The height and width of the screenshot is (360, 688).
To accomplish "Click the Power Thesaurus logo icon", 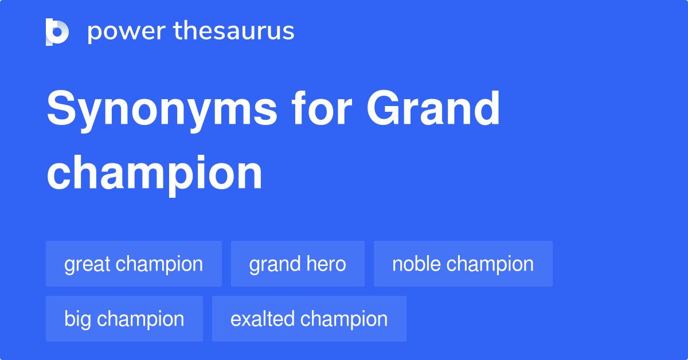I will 57,32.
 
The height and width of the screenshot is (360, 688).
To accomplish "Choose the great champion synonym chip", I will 134,264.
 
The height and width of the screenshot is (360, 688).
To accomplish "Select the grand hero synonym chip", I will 298,264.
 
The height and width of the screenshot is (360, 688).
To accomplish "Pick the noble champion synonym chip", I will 463,264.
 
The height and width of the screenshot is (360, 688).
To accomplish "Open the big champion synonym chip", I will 124,319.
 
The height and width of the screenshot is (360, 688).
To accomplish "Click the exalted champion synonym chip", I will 309,319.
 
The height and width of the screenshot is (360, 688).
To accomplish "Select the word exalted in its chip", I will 263,319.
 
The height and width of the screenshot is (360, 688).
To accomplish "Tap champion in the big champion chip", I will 141,319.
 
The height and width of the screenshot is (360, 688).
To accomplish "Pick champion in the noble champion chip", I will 490,264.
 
